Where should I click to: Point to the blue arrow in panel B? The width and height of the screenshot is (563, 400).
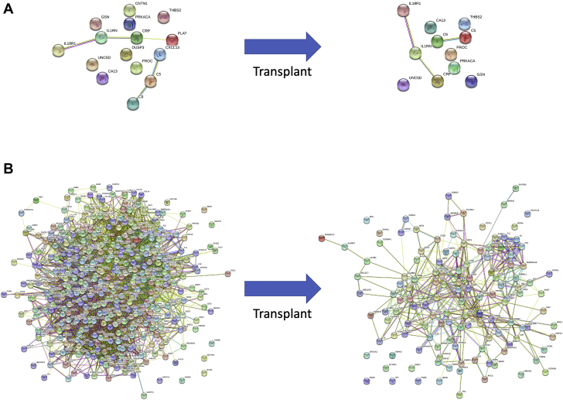(x=285, y=288)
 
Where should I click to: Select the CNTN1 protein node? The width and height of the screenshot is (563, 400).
(x=130, y=11)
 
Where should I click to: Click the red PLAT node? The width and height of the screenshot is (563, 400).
(x=172, y=39)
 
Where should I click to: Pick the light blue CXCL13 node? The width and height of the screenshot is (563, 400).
(x=160, y=54)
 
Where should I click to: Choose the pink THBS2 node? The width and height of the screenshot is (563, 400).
(x=164, y=17)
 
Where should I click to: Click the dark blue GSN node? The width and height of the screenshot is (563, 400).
(x=470, y=80)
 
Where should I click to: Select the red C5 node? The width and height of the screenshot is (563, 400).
(x=465, y=36)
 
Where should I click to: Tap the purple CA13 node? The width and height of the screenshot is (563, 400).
(x=102, y=77)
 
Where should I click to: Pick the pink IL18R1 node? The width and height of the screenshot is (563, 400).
(x=403, y=10)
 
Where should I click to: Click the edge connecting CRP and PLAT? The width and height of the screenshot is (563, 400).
(x=155, y=39)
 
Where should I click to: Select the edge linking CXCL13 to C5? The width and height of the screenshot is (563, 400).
(x=155, y=67)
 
